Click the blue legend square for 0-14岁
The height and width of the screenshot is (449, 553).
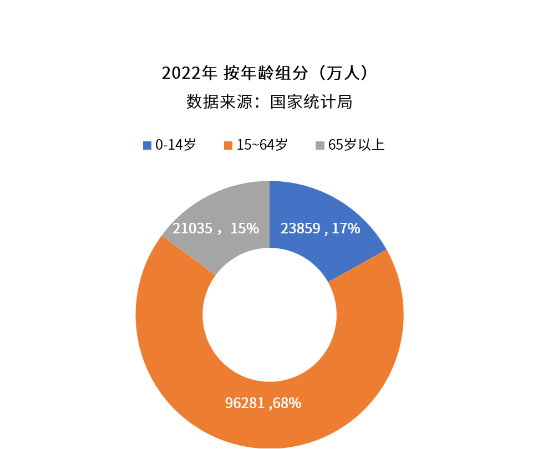point(147,145)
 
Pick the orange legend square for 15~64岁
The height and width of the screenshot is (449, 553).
point(228,145)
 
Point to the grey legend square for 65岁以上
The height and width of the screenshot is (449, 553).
point(320,145)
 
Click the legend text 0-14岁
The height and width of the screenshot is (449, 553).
point(175,145)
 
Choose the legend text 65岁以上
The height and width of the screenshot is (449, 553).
point(356,145)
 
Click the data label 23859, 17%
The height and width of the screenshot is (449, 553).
point(320,228)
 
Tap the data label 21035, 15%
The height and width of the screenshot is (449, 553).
point(216,228)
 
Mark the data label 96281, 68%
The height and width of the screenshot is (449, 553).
point(263,403)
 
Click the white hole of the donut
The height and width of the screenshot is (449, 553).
point(270,315)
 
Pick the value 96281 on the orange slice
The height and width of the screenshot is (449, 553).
point(245,403)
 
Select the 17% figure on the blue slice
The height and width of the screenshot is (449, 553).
point(346,228)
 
